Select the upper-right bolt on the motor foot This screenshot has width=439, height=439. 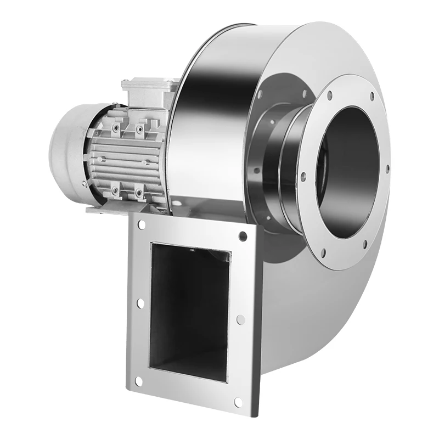point(140,130)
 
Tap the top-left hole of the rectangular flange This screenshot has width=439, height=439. point(142,225)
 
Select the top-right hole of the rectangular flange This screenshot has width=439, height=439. point(243,236)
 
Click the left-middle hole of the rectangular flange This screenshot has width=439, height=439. point(140,302)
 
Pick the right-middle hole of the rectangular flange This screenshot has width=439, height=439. point(240,319)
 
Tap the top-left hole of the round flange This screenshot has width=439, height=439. point(329,95)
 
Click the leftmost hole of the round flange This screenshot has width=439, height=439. point(303,176)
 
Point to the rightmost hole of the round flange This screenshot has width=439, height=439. point(387,167)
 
